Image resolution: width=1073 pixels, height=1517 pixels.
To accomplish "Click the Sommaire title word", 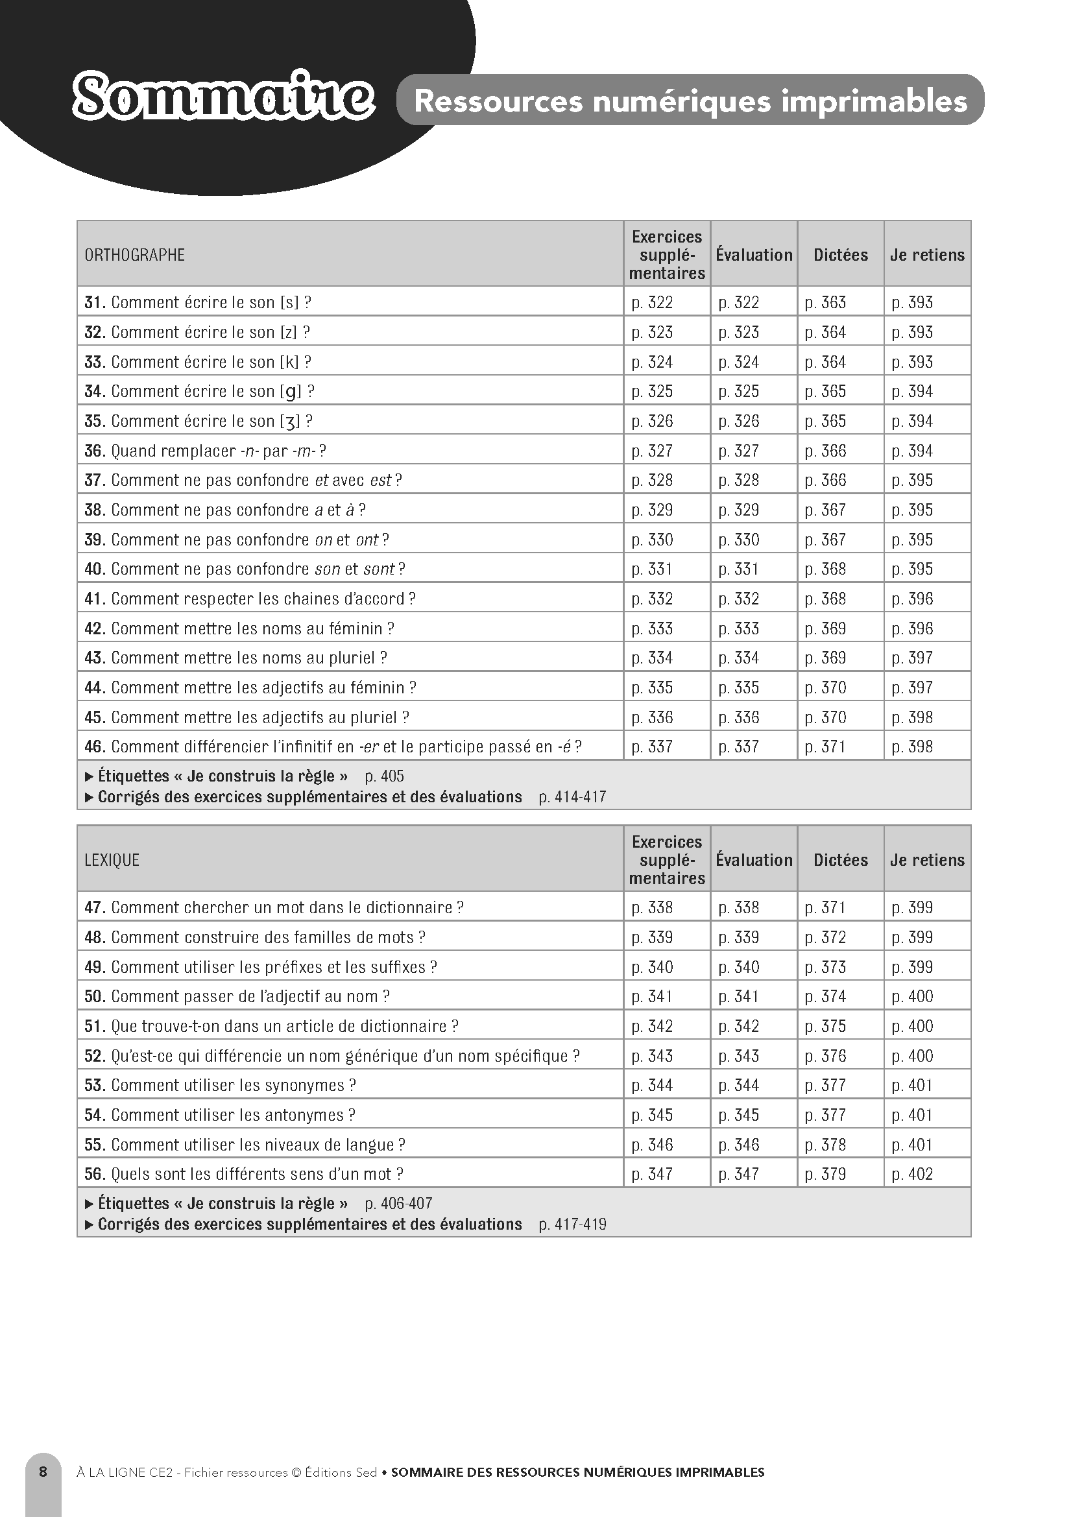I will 223,98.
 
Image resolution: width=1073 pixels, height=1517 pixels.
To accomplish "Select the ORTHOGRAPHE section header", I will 135,255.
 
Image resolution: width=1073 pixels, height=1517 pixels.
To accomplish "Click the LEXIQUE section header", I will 112,860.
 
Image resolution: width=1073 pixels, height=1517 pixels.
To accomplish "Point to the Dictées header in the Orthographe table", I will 840,255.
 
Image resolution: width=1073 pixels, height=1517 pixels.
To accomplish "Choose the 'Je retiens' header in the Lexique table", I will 927,860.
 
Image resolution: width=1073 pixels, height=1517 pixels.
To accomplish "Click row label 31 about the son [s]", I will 198,303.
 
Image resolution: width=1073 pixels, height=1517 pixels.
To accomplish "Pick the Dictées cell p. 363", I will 825,303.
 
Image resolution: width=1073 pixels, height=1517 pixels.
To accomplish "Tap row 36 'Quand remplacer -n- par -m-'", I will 206,451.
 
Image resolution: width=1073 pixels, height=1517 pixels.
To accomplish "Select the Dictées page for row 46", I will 825,747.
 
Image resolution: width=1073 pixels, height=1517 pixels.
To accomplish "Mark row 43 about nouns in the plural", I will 236,658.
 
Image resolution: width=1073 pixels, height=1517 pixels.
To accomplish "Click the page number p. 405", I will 384,776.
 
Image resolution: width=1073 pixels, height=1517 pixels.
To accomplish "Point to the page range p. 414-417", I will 572,798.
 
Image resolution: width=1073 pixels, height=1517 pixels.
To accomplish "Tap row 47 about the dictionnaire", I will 274,908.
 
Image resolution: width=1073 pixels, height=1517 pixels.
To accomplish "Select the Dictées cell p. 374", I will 825,996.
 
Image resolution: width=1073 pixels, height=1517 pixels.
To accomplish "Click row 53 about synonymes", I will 220,1086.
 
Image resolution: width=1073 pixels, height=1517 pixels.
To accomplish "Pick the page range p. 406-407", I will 398,1204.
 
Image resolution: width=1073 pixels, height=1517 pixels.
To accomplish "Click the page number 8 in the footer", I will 43,1472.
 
